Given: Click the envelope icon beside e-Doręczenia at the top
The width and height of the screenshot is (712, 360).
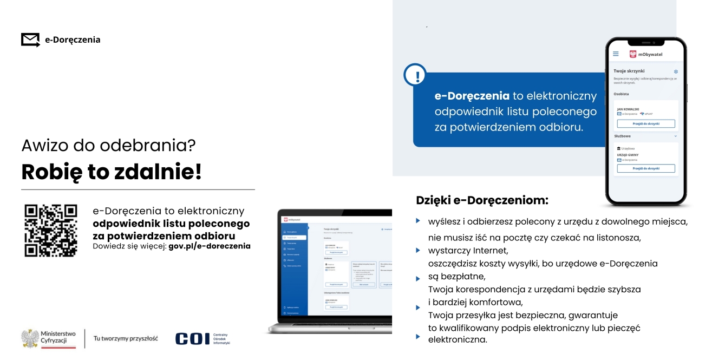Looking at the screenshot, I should [30, 40].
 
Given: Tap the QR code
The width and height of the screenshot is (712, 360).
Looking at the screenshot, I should [51, 230].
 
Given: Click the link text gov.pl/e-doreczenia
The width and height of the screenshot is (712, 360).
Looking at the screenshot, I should [210, 246].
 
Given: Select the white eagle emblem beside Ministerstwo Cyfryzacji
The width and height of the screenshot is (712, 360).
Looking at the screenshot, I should [30, 338].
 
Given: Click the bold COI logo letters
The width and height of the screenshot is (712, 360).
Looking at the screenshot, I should [192, 338].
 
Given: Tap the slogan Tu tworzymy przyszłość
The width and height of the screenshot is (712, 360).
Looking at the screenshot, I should [126, 338].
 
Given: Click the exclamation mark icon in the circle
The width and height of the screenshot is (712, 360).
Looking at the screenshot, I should [415, 75].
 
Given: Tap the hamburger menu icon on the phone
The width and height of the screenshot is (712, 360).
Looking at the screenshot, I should [616, 54].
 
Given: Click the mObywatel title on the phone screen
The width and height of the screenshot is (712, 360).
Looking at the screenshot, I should [650, 54].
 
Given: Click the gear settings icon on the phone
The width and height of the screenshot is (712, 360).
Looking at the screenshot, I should [676, 71].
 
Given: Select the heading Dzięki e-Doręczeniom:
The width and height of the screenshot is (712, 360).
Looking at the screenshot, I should [482, 200].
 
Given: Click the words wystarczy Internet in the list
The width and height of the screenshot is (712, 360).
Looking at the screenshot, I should [468, 251].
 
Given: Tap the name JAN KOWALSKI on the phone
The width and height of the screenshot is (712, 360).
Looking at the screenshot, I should [629, 109].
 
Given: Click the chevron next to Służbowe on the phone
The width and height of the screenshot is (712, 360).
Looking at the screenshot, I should [675, 136].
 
